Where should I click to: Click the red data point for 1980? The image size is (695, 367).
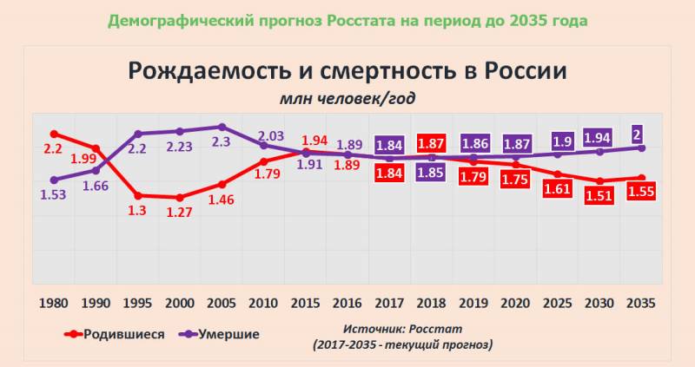tap(54, 134)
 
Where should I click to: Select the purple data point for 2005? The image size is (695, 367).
tap(222, 127)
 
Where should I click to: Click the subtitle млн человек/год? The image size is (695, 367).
tap(347, 97)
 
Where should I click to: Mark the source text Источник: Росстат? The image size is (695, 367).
tap(402, 330)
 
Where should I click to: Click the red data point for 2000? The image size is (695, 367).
tap(180, 198)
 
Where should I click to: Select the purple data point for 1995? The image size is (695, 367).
tap(138, 134)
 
